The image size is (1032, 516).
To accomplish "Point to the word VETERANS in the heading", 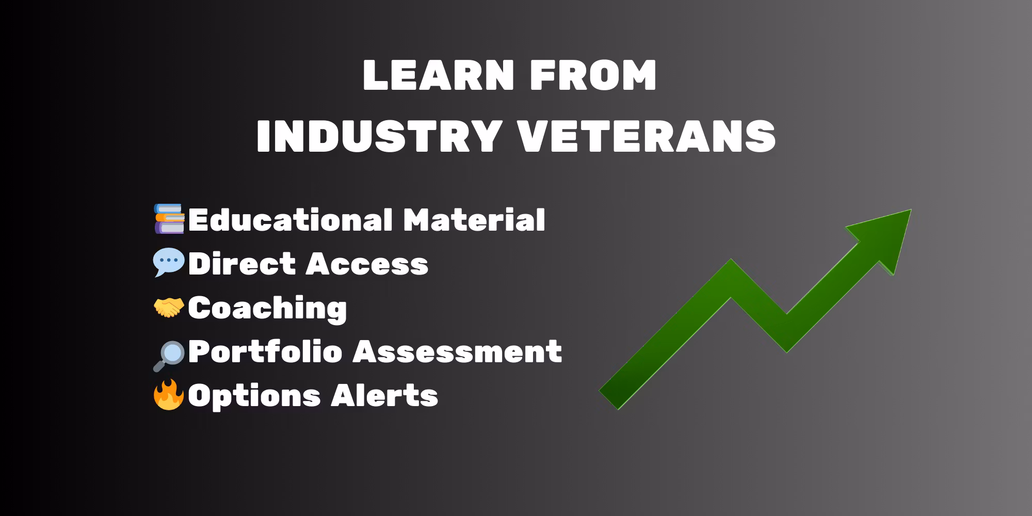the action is [647, 136].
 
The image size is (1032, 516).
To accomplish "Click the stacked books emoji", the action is [169, 219].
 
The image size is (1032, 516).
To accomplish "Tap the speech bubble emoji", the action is [169, 263].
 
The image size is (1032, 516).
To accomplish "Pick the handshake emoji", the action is [169, 308].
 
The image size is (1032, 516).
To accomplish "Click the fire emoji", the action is [169, 395].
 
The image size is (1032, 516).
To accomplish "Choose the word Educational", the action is [290, 220].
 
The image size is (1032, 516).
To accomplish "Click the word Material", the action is [474, 220].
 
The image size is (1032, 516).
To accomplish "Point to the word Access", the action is [367, 264].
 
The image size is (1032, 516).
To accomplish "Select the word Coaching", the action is [267, 309].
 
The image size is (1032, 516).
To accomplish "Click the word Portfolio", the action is [265, 352].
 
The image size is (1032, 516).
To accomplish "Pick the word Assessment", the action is [458, 352].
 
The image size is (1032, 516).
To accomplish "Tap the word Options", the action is [254, 396].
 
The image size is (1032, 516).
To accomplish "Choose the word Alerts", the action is [384, 396].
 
